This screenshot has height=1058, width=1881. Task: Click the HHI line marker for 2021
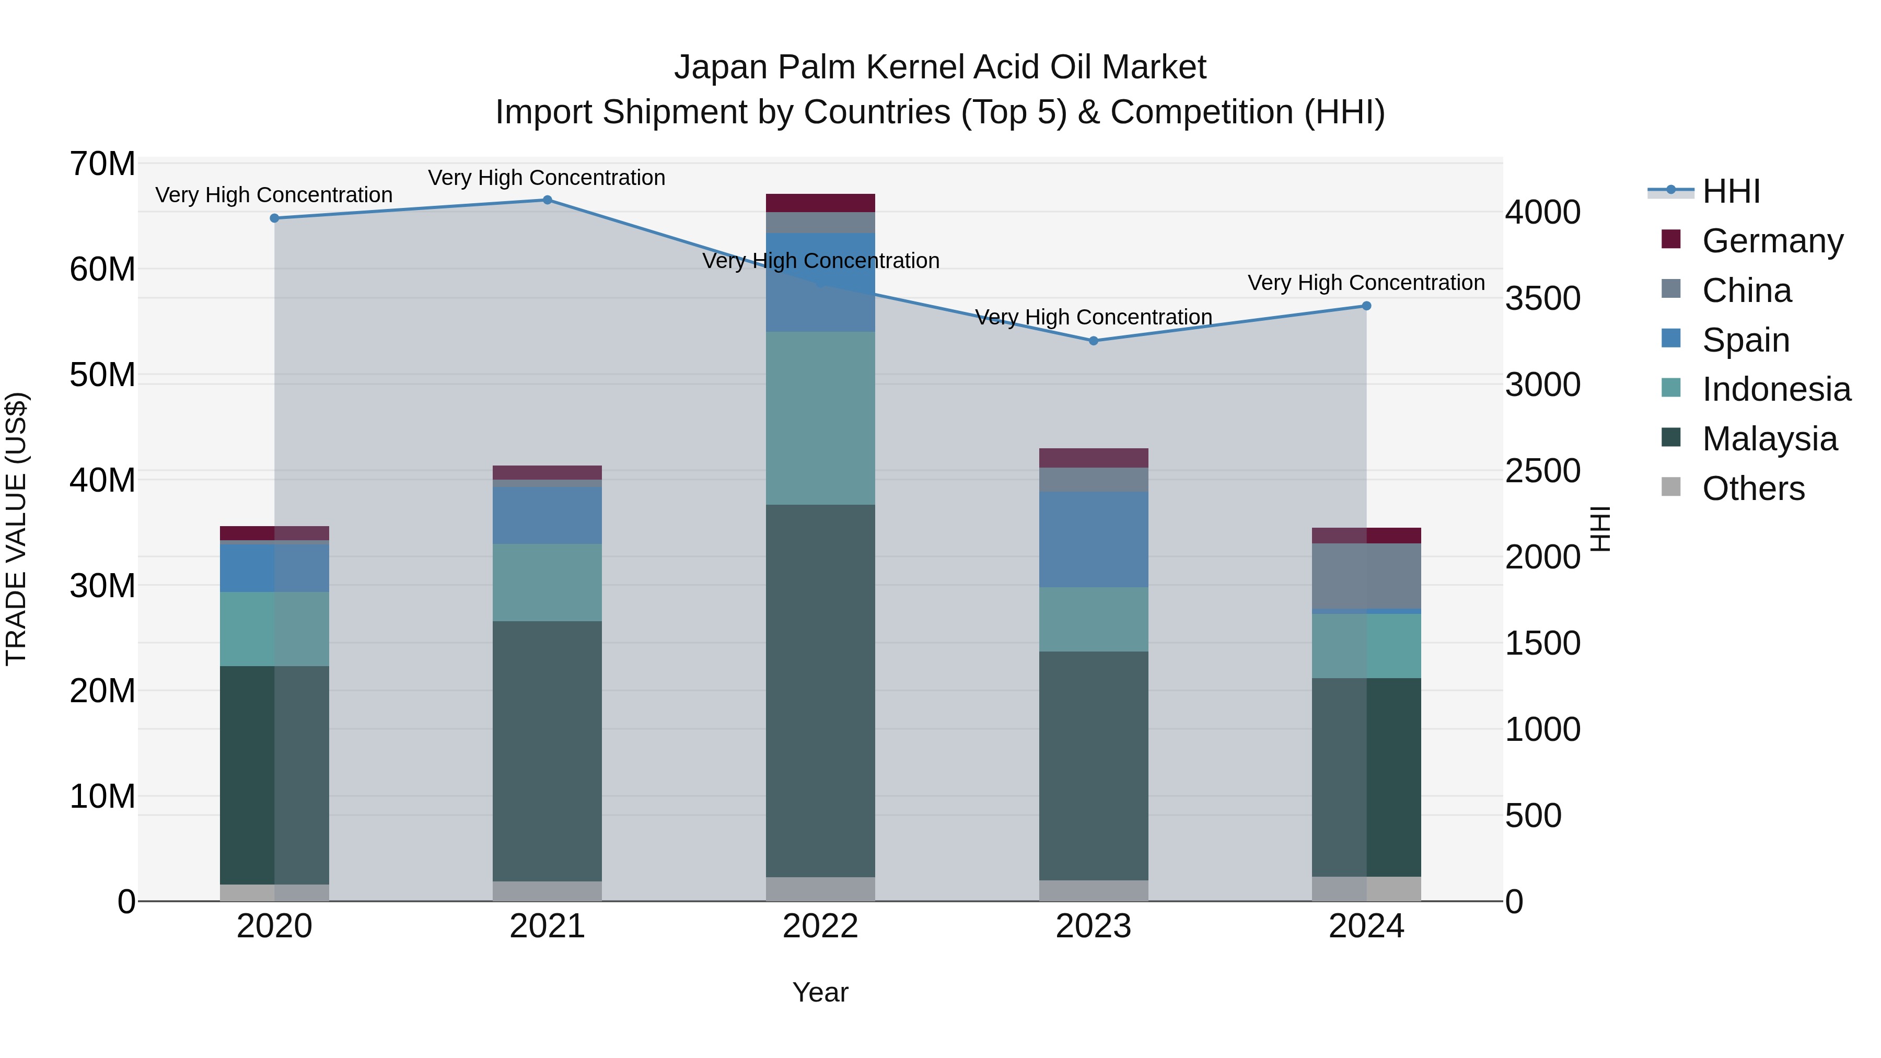tap(547, 200)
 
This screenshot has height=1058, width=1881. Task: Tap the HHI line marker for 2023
tap(1093, 341)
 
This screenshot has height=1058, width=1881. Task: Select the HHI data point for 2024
tap(1366, 306)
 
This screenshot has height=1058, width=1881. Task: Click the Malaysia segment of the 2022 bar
tap(820, 690)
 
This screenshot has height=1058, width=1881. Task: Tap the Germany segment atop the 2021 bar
tap(547, 472)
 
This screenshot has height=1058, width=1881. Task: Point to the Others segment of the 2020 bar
tap(274, 892)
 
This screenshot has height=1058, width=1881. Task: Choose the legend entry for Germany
tap(1772, 241)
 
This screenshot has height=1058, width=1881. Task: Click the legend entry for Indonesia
tap(1776, 389)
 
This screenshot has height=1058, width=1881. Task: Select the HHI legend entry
tap(1731, 191)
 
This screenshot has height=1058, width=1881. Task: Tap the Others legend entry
tap(1752, 489)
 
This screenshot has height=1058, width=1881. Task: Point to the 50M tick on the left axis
tap(102, 375)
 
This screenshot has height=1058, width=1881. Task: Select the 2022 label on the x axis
tap(820, 926)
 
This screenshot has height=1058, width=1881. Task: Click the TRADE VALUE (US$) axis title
tap(16, 529)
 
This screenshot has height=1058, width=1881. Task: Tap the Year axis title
tap(820, 992)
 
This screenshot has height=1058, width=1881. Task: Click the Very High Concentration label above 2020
tap(274, 195)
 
